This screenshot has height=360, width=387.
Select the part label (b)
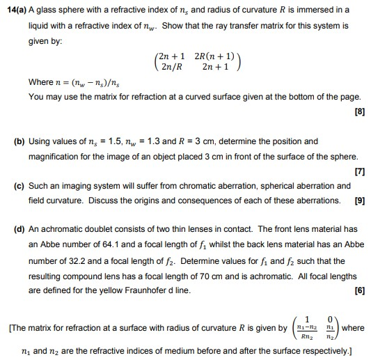(19, 141)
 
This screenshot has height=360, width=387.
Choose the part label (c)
(19, 186)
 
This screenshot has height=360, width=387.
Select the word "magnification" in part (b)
(56, 157)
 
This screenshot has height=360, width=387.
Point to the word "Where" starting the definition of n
(40, 82)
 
